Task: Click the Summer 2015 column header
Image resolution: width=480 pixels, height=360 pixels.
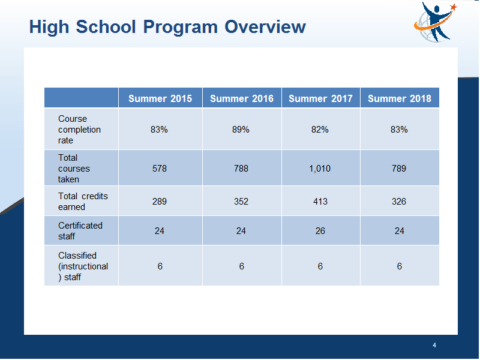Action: [160, 98]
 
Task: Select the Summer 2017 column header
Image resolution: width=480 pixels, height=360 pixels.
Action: [320, 98]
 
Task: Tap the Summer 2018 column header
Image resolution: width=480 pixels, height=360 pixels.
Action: [400, 98]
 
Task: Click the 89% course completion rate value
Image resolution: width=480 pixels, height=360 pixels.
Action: [241, 130]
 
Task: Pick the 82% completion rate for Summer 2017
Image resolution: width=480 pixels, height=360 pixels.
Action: [320, 130]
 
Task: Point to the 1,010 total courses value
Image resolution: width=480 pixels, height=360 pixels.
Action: [320, 169]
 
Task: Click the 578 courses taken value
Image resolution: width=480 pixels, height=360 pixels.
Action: [160, 169]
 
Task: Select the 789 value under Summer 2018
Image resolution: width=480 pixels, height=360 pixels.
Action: [399, 169]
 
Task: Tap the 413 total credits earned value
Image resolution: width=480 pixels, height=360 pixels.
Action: [320, 202]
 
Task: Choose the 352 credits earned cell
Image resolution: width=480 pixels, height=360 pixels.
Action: [241, 202]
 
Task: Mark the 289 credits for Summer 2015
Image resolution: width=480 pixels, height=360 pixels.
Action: [160, 202]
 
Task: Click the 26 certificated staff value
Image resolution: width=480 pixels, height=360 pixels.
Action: [320, 231]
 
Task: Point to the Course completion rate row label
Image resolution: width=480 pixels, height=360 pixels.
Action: [79, 130]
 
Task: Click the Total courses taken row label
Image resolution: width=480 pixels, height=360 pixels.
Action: [74, 169]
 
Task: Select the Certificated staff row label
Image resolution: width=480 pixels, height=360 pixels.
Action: [80, 231]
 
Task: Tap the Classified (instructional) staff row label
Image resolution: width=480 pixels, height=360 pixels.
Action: [83, 266]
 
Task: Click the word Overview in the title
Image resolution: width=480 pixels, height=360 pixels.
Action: [265, 26]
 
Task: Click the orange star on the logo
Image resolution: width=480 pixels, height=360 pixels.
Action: [454, 7]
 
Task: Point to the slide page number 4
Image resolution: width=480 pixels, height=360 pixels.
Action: [434, 346]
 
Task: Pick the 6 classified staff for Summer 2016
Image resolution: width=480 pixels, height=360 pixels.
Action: [242, 266]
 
